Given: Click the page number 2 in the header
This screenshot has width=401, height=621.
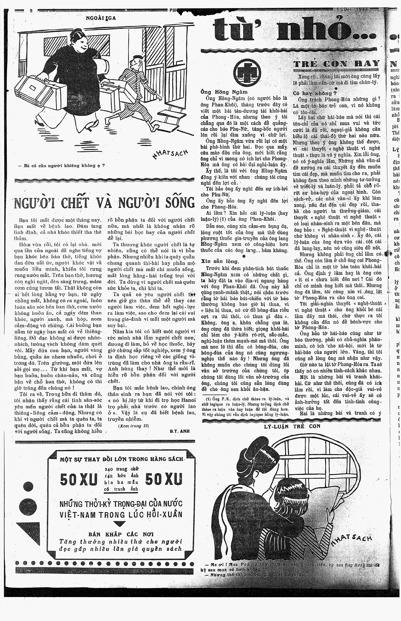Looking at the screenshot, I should (x=31, y=11).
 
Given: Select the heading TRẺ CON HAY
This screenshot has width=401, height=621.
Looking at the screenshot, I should (x=336, y=63).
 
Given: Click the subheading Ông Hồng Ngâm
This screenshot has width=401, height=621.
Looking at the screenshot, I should (x=224, y=92).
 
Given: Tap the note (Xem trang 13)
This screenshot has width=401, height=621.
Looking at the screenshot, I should (x=133, y=426).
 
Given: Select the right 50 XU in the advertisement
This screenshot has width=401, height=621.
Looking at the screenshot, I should (x=163, y=471).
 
